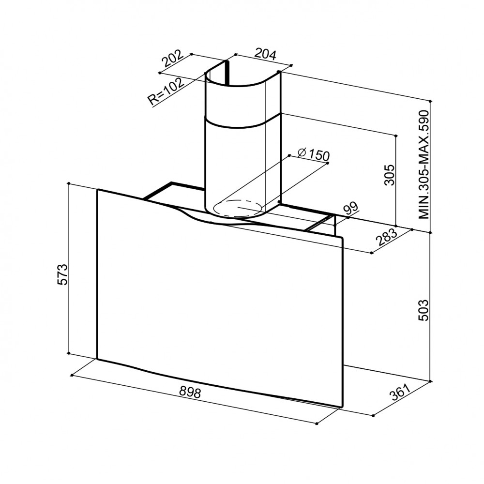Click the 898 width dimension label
190,393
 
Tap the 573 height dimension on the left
62,274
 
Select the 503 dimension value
423,310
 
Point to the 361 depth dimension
400,392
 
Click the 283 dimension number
386,237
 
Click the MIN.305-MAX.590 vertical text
424,165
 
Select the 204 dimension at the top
265,54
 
